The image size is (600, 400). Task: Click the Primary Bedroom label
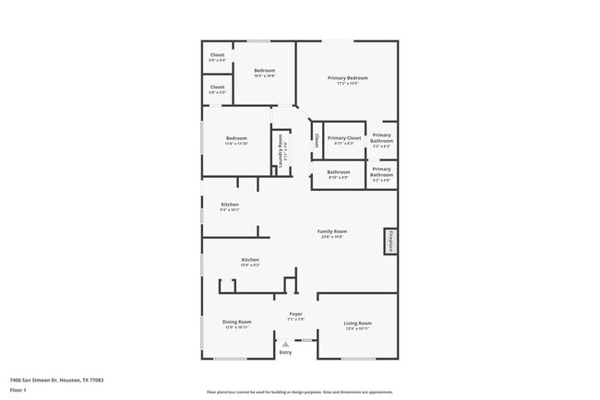(348, 77)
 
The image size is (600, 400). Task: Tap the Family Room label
(332, 230)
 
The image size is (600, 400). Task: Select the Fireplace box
(390, 241)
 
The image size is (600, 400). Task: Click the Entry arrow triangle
(285, 344)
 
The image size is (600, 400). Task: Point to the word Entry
(285, 352)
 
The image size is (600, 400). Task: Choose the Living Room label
(357, 323)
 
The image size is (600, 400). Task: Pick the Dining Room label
(236, 322)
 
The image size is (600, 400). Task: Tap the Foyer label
(295, 314)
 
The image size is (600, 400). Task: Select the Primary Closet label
(343, 137)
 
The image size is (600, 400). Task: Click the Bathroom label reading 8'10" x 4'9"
(338, 171)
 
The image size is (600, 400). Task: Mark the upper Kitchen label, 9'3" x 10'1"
(229, 204)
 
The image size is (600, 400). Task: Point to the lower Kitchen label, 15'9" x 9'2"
(250, 260)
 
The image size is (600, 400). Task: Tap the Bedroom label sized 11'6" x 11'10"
(236, 138)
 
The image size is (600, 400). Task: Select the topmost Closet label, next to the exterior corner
(217, 54)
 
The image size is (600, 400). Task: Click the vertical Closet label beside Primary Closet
(317, 140)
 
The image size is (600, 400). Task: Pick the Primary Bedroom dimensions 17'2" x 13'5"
(348, 84)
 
